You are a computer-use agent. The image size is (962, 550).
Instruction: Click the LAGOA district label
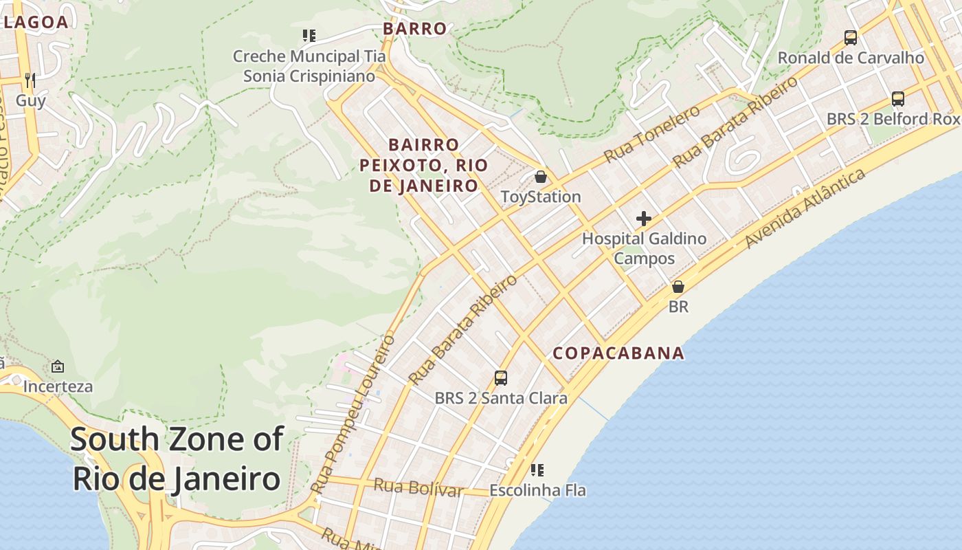[x=36, y=22]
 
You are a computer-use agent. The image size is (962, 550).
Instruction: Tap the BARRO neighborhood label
[x=414, y=29]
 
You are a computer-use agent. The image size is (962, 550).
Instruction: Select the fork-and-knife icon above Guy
[x=30, y=80]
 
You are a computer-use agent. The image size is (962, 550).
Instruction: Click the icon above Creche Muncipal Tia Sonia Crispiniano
[x=309, y=36]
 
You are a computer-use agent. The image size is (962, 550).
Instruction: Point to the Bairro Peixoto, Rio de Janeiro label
[x=423, y=165]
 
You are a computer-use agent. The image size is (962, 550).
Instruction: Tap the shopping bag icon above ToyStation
[x=541, y=177]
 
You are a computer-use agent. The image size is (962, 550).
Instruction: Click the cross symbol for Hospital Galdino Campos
[x=644, y=219]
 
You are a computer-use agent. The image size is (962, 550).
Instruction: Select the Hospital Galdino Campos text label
[x=644, y=249]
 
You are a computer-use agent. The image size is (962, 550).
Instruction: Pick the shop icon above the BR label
[x=678, y=287]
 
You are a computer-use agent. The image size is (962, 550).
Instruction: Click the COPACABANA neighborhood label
[x=618, y=353]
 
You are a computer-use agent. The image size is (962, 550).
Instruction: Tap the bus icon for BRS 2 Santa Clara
[x=501, y=377]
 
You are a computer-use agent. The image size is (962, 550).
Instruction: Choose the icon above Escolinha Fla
[x=537, y=470]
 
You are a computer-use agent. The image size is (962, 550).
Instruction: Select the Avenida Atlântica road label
[x=805, y=209]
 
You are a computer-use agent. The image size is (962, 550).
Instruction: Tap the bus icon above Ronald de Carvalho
[x=851, y=38]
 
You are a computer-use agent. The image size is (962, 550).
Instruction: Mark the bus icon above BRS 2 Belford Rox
[x=898, y=98]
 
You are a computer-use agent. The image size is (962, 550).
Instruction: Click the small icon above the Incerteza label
[x=58, y=366]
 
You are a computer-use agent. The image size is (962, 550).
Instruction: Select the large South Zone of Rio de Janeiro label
[x=177, y=459]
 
